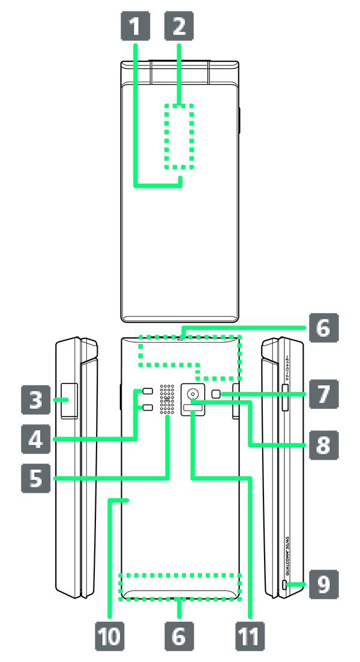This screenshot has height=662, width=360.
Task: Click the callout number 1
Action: click(x=136, y=26)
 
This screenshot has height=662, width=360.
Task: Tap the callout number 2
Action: click(x=179, y=26)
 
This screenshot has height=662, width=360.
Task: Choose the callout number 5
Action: click(x=36, y=478)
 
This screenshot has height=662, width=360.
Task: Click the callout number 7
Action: click(x=323, y=394)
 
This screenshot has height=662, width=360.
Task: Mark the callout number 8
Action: click(x=323, y=445)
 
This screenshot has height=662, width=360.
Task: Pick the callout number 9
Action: click(x=323, y=584)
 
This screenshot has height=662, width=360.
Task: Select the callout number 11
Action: click(x=248, y=637)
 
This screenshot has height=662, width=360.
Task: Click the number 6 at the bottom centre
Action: click(x=178, y=637)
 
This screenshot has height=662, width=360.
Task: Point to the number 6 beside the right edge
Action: click(x=323, y=328)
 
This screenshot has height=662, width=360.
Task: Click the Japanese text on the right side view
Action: click(x=287, y=369)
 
